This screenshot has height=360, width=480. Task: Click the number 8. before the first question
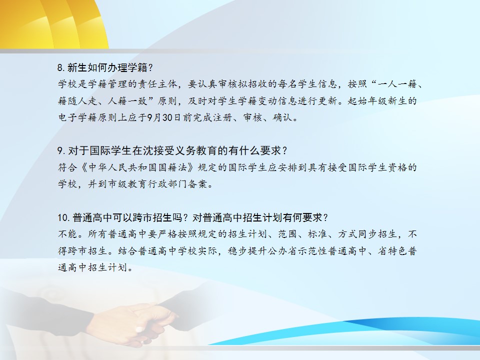[x=61, y=67]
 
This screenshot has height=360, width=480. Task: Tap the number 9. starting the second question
[x=61, y=150]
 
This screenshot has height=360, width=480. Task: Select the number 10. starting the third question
[x=64, y=217]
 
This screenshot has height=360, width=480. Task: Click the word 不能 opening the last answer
[x=67, y=234]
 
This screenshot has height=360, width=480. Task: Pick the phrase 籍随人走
[x=77, y=100]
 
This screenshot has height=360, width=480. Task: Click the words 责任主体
[x=157, y=84]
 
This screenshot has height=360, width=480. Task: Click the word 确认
[x=282, y=117]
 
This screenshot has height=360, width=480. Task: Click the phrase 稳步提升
[x=247, y=250]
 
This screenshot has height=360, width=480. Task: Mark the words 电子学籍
[x=77, y=117]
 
